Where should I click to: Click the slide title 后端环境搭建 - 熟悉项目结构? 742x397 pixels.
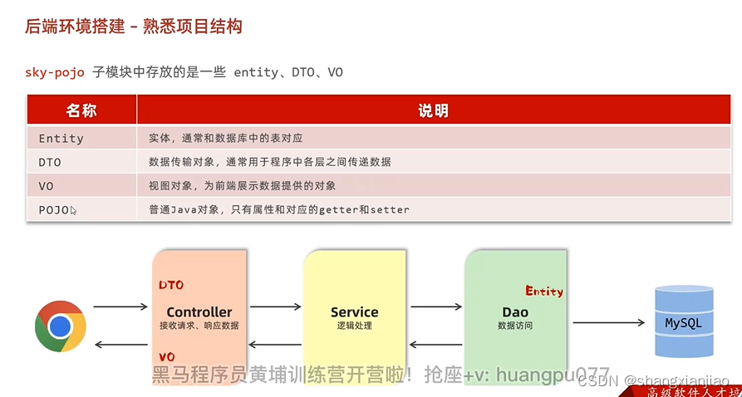133,27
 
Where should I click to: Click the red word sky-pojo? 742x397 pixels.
54,72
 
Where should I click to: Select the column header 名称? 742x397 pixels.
81,110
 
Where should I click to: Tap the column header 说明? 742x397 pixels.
433,110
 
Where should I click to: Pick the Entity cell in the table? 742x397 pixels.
61,139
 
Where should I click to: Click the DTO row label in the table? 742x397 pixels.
50,162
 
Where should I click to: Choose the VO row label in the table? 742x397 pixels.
46,186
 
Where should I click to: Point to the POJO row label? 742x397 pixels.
54,210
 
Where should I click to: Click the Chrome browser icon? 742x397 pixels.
61,326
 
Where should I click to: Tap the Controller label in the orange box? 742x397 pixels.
199,312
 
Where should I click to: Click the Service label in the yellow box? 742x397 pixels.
354,312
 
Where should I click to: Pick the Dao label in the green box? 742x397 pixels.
515,312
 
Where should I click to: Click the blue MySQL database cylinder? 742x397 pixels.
684,321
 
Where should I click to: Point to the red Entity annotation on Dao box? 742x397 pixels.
544,292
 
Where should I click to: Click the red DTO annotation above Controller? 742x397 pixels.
171,286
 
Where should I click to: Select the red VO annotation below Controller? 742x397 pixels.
167,357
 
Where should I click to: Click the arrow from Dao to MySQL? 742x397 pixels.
609,322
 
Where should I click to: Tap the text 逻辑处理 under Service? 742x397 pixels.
354,326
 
